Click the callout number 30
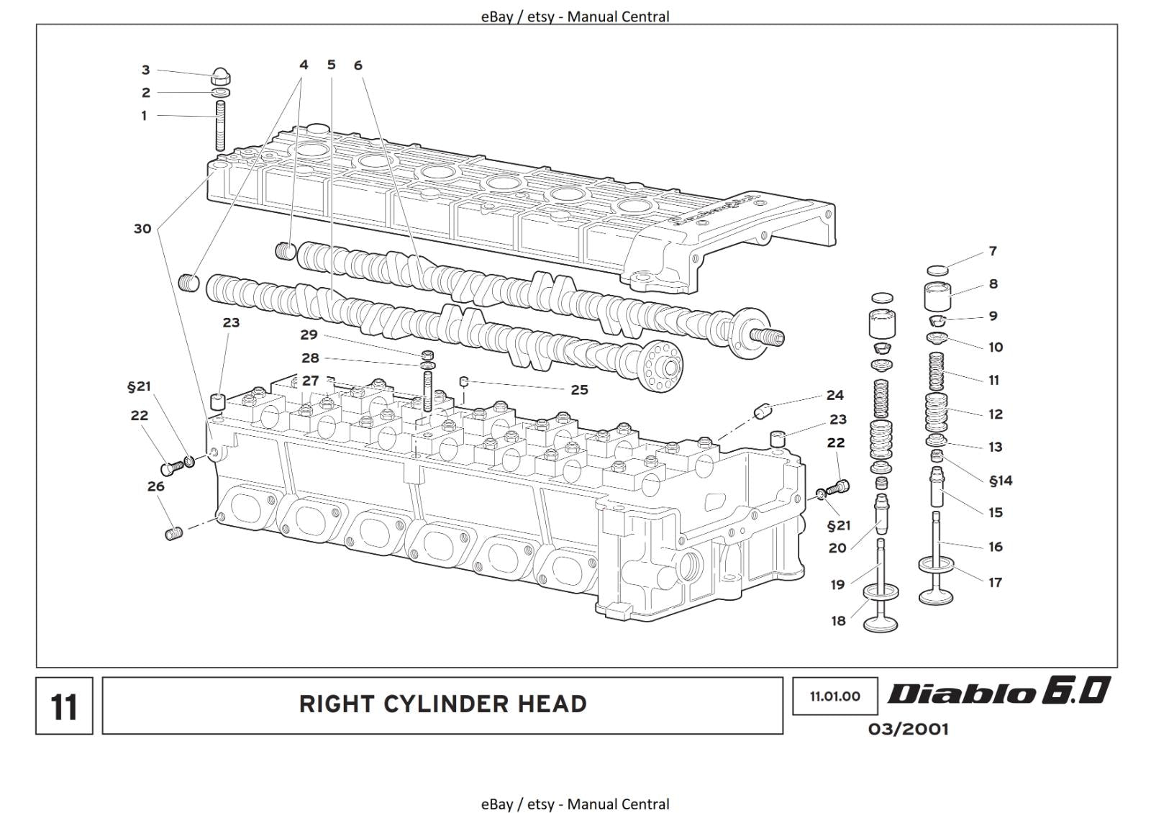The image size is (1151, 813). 142,229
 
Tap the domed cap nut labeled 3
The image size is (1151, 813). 222,75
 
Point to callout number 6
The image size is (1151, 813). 358,65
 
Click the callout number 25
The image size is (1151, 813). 579,390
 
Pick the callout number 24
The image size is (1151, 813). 834,395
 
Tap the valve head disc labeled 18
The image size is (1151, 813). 880,592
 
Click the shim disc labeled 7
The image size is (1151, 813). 937,270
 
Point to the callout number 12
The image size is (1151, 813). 995,414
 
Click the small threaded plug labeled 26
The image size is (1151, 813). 173,533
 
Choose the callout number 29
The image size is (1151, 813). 309,335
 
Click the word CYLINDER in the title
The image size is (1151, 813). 442,704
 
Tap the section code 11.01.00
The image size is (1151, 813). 834,696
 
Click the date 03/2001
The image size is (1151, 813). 908,729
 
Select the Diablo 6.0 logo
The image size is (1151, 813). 998,691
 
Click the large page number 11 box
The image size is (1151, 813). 64,706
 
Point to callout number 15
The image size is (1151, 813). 995,512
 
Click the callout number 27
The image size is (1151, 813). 310,381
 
